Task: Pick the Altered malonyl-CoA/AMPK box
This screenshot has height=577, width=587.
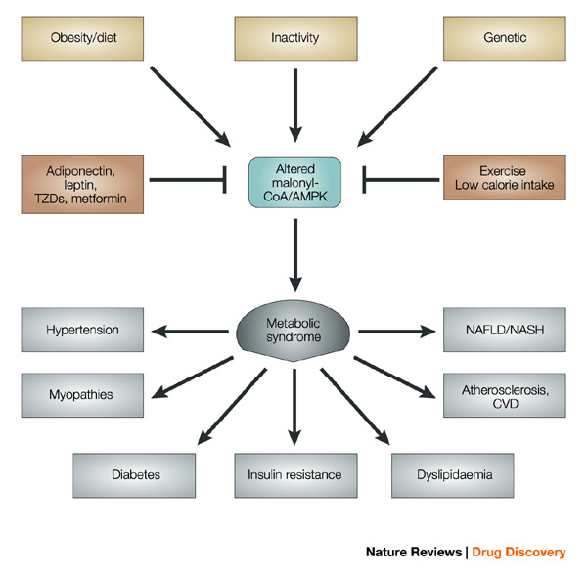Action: [294, 180]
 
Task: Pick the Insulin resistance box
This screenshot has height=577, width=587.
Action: [294, 474]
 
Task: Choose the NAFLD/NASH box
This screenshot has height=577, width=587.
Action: [504, 330]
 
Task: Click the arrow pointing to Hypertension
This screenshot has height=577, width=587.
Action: [186, 331]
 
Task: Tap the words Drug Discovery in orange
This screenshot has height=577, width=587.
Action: [519, 553]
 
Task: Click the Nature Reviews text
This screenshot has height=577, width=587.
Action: [413, 553]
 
